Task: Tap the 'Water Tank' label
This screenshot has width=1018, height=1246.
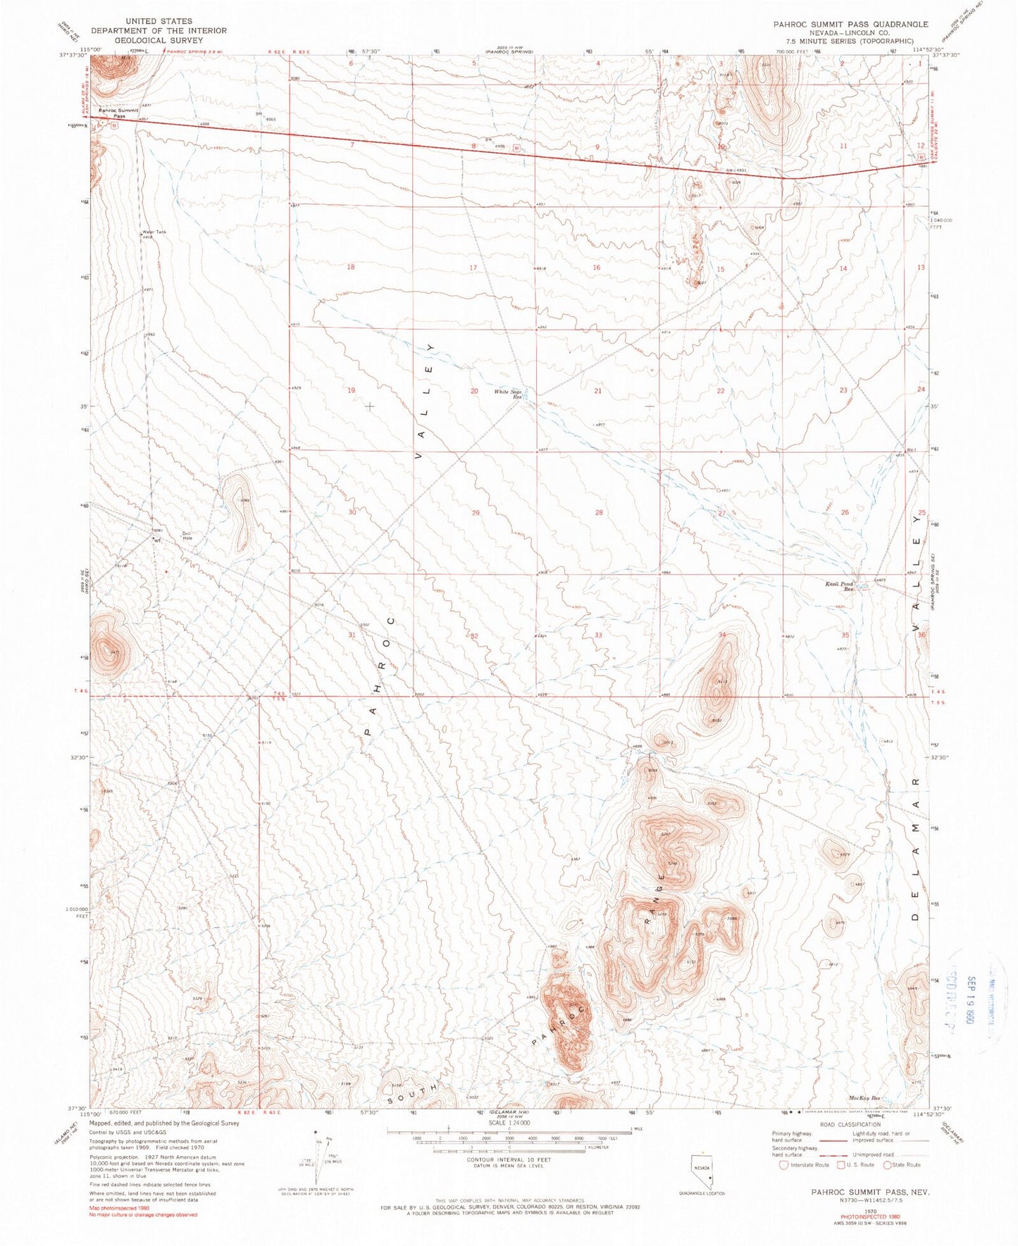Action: coord(154,232)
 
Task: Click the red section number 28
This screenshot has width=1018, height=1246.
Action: coord(599,512)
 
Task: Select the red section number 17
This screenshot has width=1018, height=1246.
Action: coord(473,268)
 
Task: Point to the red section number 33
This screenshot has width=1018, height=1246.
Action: coord(598,635)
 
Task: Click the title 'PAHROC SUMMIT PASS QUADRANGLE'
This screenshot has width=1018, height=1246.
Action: coord(850,24)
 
